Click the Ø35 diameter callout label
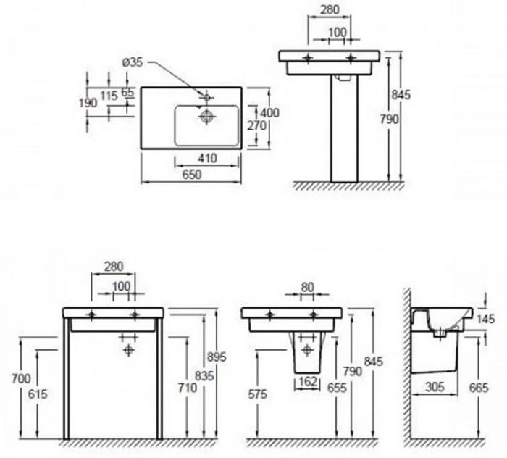point(133,62)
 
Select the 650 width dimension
point(192,175)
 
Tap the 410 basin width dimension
point(207,158)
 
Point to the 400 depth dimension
point(269,112)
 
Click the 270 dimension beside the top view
point(256,125)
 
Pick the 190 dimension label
point(88,103)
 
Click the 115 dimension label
point(109,96)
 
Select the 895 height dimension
point(217,357)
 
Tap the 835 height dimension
point(204,376)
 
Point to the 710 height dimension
point(187,388)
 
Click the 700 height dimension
point(21,378)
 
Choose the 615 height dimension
point(38,394)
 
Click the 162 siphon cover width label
point(308,381)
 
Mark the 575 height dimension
point(258,394)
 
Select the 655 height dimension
point(337,388)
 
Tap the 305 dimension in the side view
point(435,386)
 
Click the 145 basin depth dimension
point(485,320)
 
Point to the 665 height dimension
point(479,388)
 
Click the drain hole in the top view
point(206,117)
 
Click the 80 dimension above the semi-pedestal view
point(307,287)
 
